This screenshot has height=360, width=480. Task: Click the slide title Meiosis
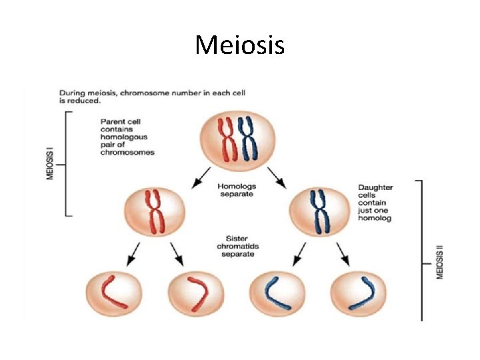pos(240,45)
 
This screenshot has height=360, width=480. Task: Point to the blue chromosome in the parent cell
pos(247,139)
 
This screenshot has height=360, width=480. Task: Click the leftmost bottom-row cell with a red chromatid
pos(114,295)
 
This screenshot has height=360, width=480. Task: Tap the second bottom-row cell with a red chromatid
pos(195,295)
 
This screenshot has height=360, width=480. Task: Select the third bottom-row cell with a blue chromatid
pos(277,295)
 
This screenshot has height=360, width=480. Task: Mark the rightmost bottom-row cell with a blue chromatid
pos(359,295)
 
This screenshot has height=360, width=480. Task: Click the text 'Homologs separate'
pos(237,189)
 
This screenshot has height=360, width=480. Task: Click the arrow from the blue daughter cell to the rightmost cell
pos(343,253)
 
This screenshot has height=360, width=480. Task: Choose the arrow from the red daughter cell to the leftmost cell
pos(133,253)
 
